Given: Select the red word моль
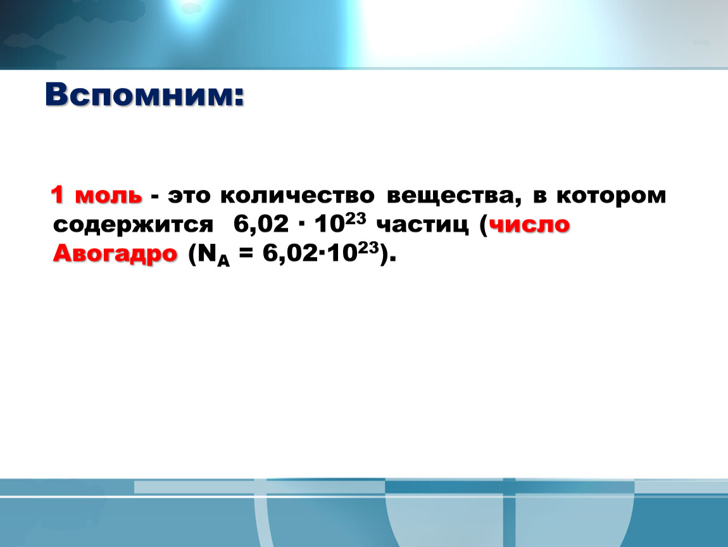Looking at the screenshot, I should pos(109,196).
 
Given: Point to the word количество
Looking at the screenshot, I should pos(297,196).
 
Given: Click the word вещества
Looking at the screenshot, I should pos(451,196).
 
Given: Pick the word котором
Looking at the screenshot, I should pos(612,196).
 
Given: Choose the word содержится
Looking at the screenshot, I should pos(133,225).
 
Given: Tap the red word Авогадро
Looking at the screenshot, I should pos(115,255).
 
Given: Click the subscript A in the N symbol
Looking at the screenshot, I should pos(223,260).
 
